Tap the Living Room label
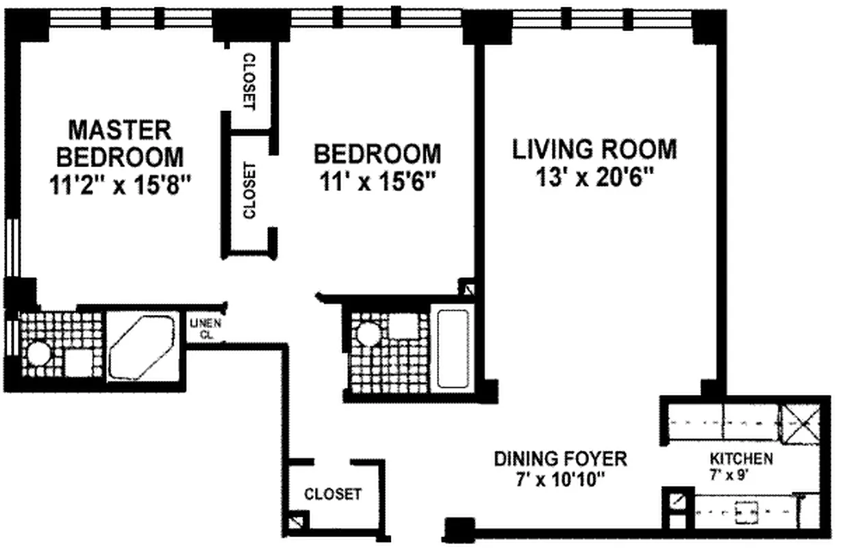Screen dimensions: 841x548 coord(594,149)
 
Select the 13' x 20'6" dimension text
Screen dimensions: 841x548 coord(594,177)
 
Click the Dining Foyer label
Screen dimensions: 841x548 coord(560,458)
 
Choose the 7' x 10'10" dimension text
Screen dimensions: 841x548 coord(560,480)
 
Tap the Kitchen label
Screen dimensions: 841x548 coord(741,458)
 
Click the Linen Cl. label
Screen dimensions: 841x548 coord(205,329)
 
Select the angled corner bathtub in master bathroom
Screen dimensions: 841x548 coord(142,347)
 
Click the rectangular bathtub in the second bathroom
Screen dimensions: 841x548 coord(453,349)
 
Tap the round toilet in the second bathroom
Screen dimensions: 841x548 coord(368,334)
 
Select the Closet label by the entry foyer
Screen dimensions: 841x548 coord(333,495)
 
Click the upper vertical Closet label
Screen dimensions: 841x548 coord(249,82)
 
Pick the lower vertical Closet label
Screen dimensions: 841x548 coord(249,190)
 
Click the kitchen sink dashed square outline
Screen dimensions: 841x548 coord(746,512)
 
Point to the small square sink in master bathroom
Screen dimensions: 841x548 coord(79,363)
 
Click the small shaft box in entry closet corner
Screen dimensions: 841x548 coord(297,522)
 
